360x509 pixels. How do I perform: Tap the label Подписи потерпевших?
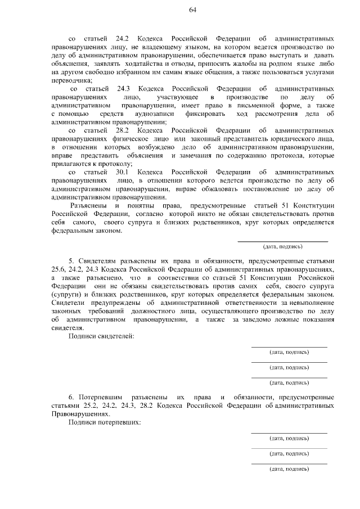click(104, 421)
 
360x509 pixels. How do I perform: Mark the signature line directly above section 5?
click(282, 241)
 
